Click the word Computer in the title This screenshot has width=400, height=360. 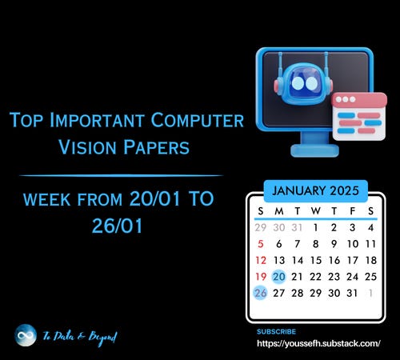(x=198, y=120)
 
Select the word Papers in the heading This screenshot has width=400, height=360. (x=156, y=147)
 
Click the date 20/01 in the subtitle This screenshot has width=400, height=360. (x=154, y=198)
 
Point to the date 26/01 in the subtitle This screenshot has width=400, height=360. (x=117, y=226)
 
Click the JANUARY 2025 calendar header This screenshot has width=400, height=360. (x=315, y=190)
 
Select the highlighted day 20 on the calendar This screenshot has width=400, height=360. (x=279, y=277)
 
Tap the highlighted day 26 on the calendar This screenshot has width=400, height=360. (x=261, y=293)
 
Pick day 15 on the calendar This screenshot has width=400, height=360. (x=316, y=260)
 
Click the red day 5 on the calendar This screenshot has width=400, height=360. (x=261, y=244)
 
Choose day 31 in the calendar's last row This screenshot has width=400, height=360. (x=352, y=293)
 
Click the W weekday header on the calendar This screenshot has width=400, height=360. (x=316, y=211)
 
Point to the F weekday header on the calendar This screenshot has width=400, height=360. (x=353, y=211)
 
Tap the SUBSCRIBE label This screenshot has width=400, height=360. (x=276, y=331)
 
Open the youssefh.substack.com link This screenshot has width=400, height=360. (x=318, y=343)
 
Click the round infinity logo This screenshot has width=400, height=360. (x=26, y=335)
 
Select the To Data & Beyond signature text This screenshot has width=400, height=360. (x=80, y=338)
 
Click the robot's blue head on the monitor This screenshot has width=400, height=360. (x=303, y=83)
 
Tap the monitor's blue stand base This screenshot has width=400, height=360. (x=314, y=150)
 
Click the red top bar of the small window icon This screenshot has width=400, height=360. (x=359, y=100)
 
